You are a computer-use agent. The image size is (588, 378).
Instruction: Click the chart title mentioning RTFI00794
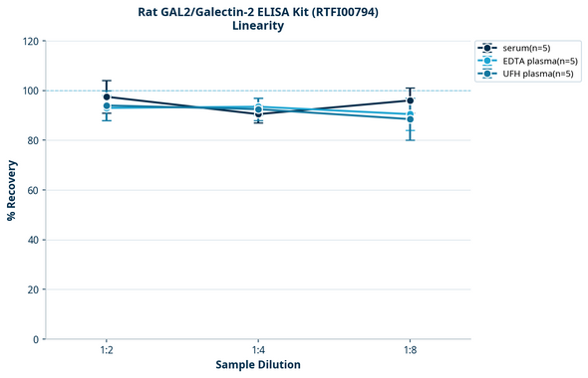tap(258, 11)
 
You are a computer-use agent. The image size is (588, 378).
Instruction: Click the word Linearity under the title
tap(258, 26)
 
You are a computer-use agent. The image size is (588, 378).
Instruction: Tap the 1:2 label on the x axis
tap(107, 350)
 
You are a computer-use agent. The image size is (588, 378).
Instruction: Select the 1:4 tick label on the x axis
tap(258, 350)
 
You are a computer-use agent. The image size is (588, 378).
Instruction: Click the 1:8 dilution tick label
tap(411, 350)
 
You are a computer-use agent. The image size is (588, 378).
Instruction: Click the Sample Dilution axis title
tap(258, 365)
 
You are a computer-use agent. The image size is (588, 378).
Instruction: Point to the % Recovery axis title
tap(12, 190)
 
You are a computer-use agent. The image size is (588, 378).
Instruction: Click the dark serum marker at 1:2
tap(107, 97)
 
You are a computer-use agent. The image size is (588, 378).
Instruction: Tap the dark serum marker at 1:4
tap(258, 114)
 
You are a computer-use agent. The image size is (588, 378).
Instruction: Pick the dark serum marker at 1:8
tap(411, 100)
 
